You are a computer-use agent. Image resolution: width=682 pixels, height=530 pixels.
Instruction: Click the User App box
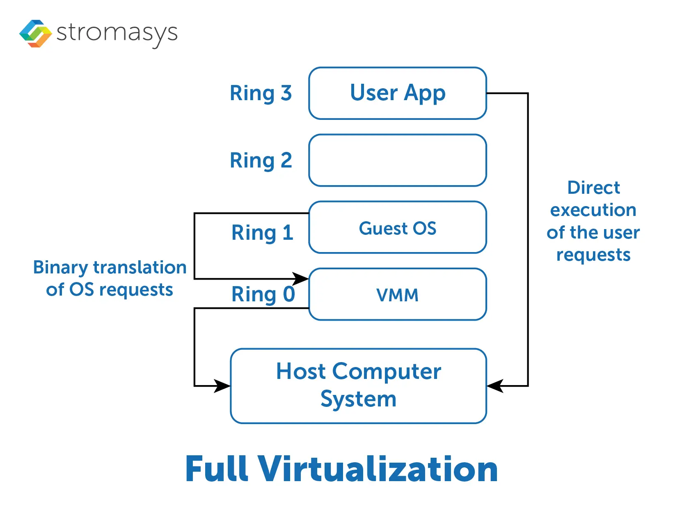pos(397,93)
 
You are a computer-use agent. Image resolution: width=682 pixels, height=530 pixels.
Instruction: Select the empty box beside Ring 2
pos(397,160)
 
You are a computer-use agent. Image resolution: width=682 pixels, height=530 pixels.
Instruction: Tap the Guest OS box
pos(397,227)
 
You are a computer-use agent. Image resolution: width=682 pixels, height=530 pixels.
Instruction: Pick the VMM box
pos(397,294)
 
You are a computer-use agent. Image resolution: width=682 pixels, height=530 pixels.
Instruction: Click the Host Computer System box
pos(358,385)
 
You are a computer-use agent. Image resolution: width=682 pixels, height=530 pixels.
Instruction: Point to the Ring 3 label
pos(261,93)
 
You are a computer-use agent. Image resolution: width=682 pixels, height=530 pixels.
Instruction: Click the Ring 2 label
pos(261,160)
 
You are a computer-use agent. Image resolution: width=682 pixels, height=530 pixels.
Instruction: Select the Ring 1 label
pos(262,233)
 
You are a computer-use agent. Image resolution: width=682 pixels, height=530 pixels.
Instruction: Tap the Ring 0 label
pos(263,294)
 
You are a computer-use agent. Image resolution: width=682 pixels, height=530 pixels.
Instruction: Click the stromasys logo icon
pos(36,33)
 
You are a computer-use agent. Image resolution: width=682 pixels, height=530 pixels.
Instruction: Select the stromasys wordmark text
pos(117,33)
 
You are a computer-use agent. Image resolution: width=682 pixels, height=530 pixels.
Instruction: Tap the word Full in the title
pos(217,469)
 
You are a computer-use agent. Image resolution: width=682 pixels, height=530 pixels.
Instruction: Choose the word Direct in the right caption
pos(593,188)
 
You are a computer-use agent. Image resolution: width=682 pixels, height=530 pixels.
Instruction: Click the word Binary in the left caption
pos(60,268)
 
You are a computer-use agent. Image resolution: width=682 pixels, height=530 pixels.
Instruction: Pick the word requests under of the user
pos(593,255)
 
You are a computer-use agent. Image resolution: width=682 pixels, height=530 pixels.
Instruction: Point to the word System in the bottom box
pos(358,399)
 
